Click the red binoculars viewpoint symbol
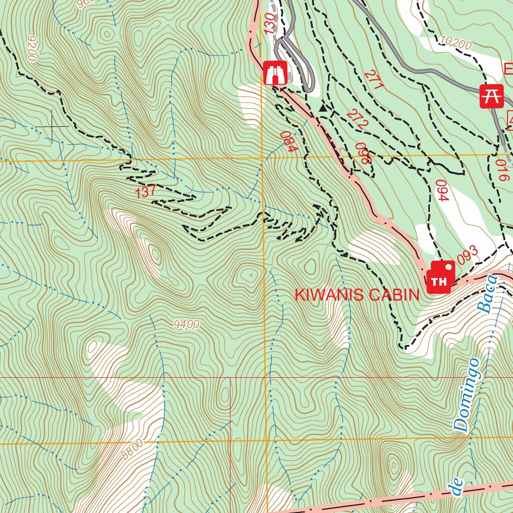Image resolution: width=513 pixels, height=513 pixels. click(275, 73)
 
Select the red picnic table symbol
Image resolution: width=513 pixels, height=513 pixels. click(491, 96)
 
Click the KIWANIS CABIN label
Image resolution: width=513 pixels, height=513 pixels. click(357, 295)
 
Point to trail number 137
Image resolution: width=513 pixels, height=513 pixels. click(146, 191)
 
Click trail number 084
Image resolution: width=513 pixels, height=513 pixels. click(289, 142)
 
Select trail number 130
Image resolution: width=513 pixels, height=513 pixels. click(269, 23)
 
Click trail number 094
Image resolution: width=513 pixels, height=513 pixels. click(441, 190)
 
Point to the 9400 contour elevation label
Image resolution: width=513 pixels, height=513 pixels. click(186, 325)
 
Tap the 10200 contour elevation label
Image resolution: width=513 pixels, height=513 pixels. click(456, 45)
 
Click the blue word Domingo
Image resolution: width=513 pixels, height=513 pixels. click(467, 395)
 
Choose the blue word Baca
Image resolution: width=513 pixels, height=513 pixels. click(487, 294)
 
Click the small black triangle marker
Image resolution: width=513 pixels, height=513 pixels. click(323, 108)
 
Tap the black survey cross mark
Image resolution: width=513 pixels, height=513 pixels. click(53, 126)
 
